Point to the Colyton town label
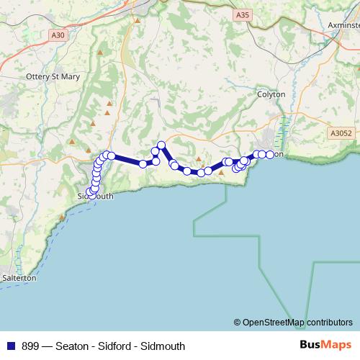point(271,94)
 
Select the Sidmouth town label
point(95,195)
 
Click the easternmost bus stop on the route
point(270,155)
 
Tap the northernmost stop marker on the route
point(162,145)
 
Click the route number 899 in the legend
point(31,346)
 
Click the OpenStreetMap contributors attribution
point(293,322)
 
